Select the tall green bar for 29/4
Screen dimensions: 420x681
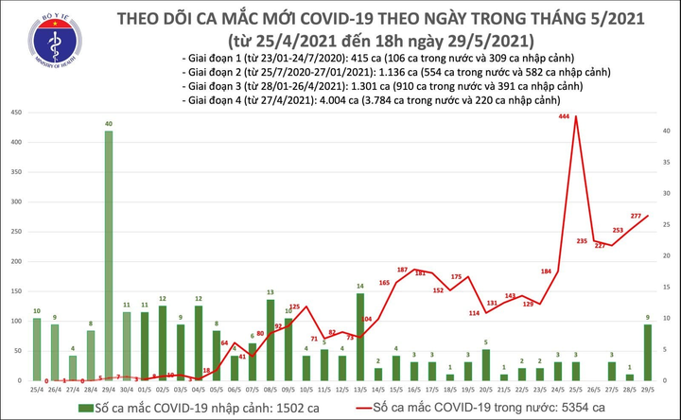[110, 255]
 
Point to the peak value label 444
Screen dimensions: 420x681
[564, 116]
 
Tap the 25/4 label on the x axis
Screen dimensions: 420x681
[37, 390]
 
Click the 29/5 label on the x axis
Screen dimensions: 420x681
[648, 390]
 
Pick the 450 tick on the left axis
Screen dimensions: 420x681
[15, 113]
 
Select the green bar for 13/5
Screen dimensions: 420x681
[359, 337]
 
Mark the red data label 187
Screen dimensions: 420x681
[402, 271]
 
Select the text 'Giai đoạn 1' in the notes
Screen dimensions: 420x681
[219, 58]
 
